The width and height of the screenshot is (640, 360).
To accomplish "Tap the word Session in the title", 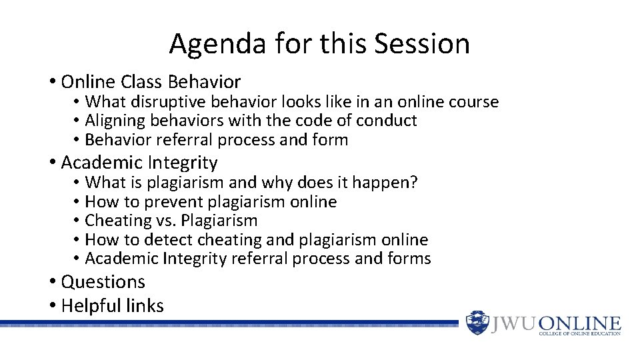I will pyautogui.click(x=423, y=44).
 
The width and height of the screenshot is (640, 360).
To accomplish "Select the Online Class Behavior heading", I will pyautogui.click(x=150, y=82).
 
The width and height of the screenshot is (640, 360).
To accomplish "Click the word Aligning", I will pyautogui.click(x=111, y=121).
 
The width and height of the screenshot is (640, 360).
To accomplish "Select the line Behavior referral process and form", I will pyautogui.click(x=217, y=139).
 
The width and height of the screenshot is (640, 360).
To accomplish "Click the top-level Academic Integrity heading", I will pyautogui.click(x=139, y=163).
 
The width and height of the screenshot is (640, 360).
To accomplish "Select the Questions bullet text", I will pyautogui.click(x=103, y=282).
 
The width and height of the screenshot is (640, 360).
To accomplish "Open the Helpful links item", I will pyautogui.click(x=112, y=306).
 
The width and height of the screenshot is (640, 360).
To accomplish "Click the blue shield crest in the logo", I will pyautogui.click(x=477, y=323).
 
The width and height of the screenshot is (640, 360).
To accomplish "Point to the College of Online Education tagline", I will pyautogui.click(x=579, y=333).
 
